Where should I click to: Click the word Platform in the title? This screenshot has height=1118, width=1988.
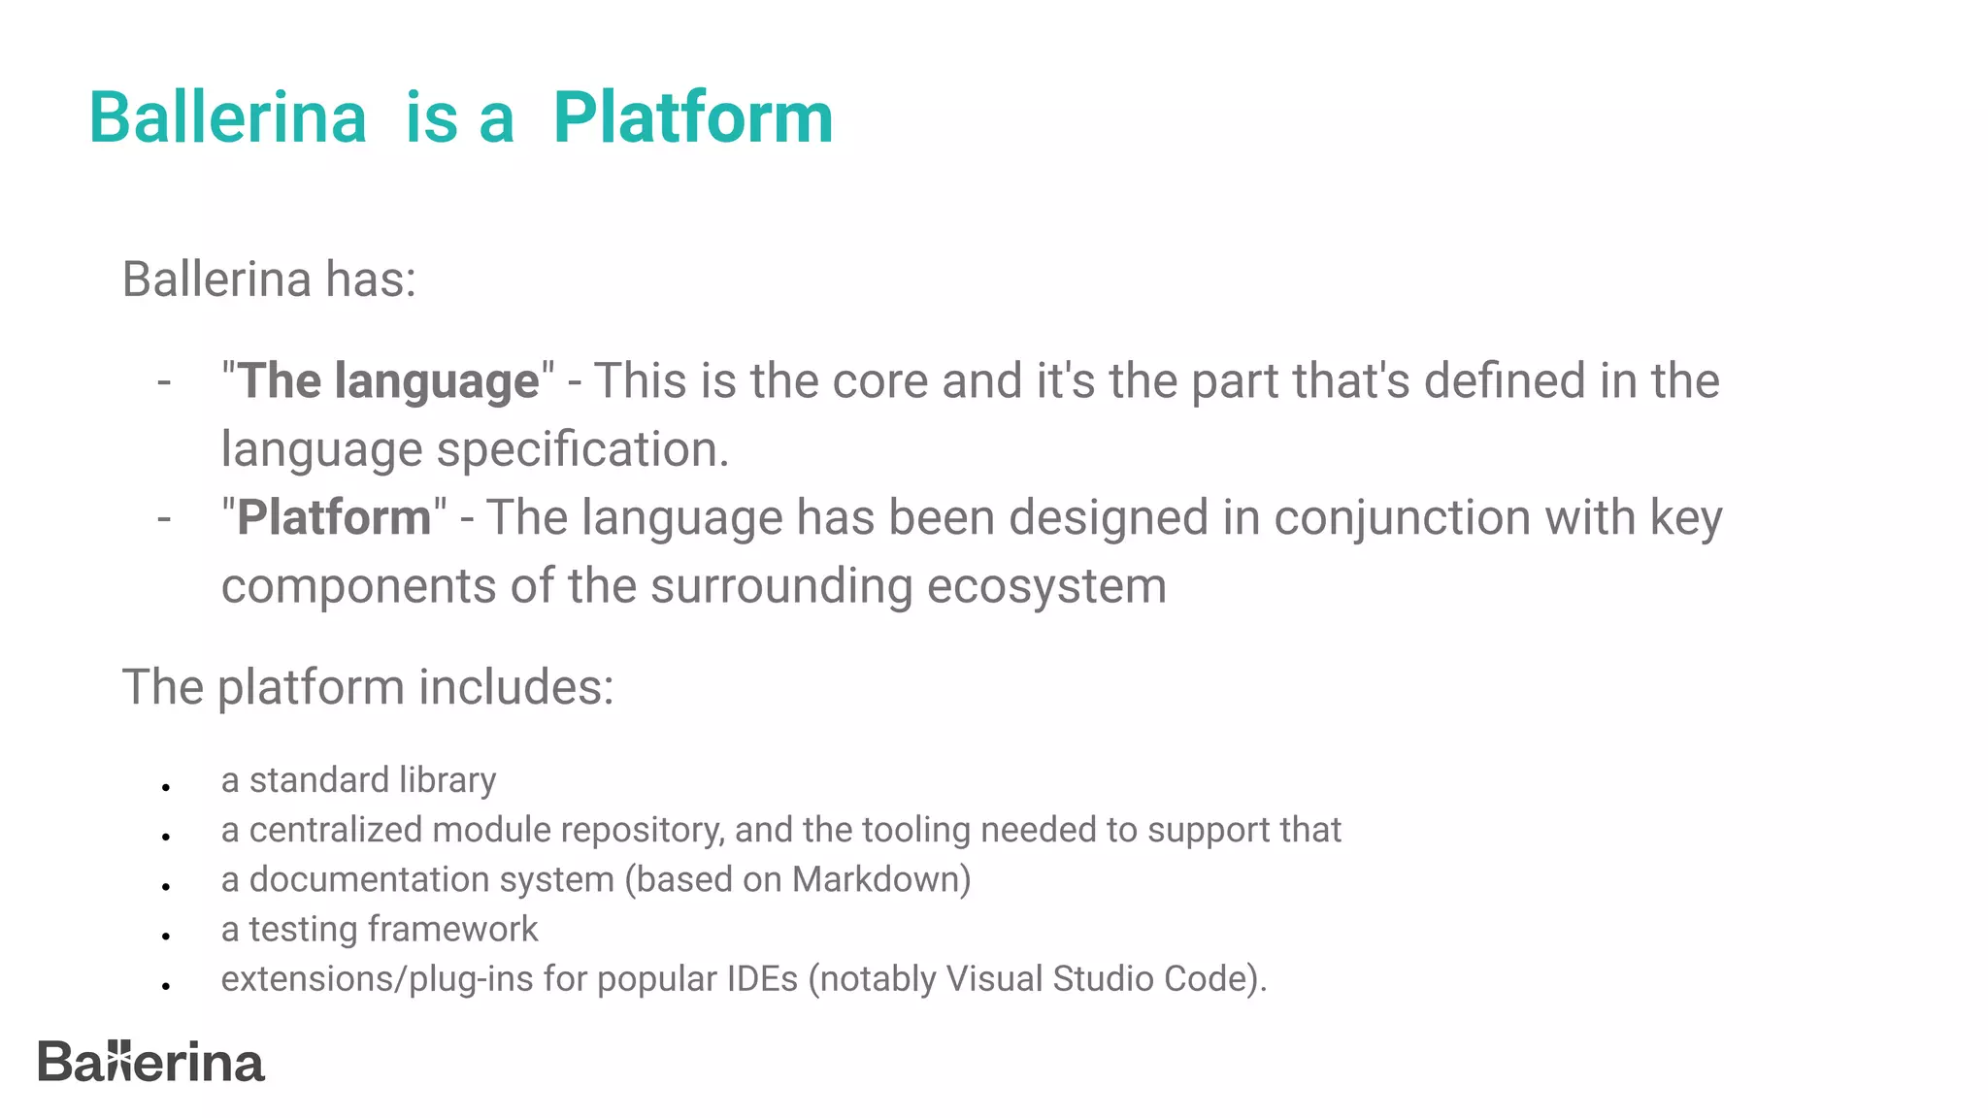(692, 118)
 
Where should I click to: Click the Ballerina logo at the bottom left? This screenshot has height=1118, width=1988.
(150, 1062)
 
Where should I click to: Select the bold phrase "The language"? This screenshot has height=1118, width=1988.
(388, 380)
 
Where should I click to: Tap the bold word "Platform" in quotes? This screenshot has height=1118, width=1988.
(334, 517)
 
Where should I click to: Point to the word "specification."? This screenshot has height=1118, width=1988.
(582, 450)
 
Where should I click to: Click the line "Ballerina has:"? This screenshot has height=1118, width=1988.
(269, 279)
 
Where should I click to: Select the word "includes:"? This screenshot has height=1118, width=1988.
(516, 687)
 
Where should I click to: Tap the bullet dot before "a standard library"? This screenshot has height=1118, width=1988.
(167, 787)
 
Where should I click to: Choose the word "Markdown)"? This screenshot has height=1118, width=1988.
(881, 879)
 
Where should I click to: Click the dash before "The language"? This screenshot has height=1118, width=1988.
(164, 381)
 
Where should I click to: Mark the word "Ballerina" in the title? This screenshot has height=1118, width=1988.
(228, 118)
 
